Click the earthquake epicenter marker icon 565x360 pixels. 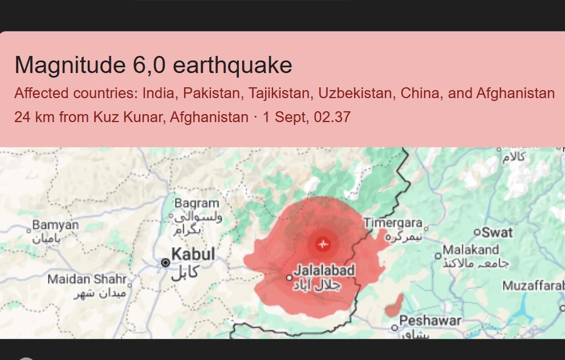(x=323, y=244)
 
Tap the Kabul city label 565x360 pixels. (x=193, y=254)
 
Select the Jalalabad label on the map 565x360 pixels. (x=324, y=270)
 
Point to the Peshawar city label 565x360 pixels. (x=430, y=321)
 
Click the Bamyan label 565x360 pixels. (x=55, y=225)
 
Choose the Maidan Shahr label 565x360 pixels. (x=87, y=279)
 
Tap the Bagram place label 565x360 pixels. (x=197, y=203)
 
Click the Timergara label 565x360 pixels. (x=393, y=223)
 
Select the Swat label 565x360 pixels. (x=497, y=232)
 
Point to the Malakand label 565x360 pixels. (x=471, y=250)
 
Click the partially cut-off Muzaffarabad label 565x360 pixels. (x=533, y=285)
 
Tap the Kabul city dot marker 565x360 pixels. (x=165, y=262)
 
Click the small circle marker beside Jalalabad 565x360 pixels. (x=289, y=278)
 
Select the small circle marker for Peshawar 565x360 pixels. (x=395, y=327)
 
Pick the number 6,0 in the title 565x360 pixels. (x=149, y=65)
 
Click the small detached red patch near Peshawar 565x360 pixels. (x=395, y=306)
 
